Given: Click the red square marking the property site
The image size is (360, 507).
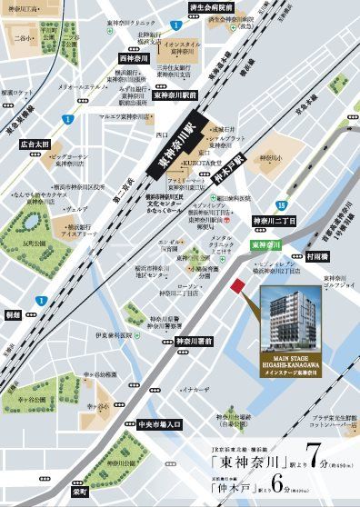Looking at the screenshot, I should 239,287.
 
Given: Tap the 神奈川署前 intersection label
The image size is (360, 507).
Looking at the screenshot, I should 193,341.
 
